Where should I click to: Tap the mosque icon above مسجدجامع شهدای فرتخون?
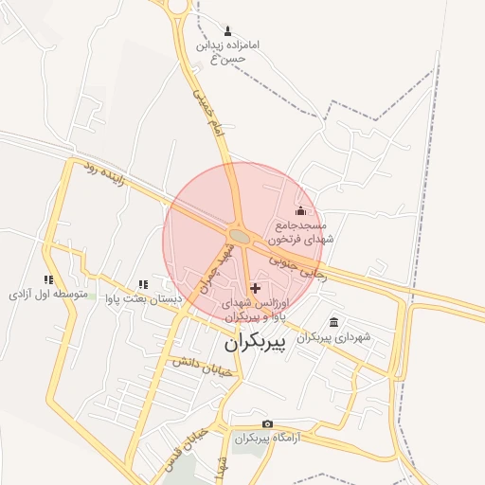coord(301,210)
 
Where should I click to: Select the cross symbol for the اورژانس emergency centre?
coord(255,287)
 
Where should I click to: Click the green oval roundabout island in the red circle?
coord(240,235)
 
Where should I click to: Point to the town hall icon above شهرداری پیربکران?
coord(332,322)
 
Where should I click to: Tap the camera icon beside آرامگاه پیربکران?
coord(268,423)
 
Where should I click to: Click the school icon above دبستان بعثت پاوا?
coord(142,283)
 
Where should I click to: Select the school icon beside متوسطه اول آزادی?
coord(48,279)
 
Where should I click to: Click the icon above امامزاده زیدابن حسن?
coord(227,30)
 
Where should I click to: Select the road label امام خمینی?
coord(205,111)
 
